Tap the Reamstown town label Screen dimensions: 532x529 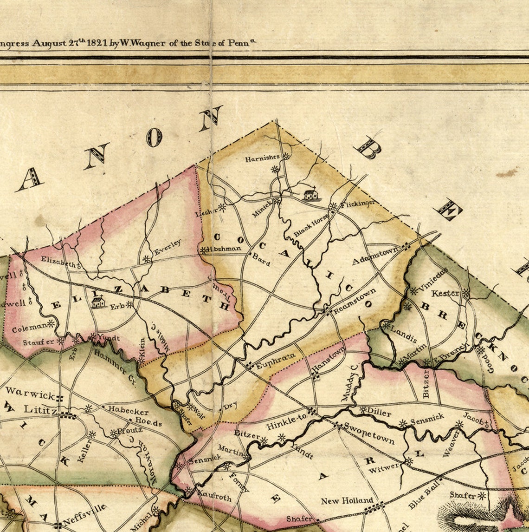click(354, 302)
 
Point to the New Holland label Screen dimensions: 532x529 click(347, 500)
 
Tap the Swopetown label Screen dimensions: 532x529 click(369, 433)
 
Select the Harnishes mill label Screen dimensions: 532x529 click(263, 159)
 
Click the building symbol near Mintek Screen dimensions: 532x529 click(310, 195)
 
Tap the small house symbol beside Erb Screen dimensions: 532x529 click(98, 302)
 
